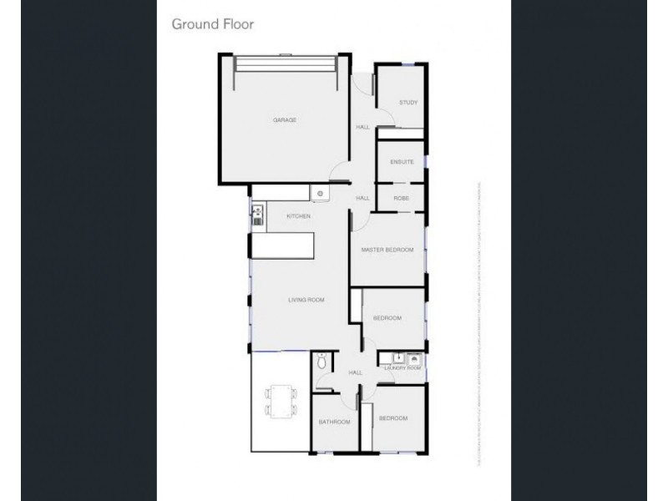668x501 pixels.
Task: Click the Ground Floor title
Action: (212, 24)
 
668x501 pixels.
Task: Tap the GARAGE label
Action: (285, 120)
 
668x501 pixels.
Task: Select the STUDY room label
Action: (407, 103)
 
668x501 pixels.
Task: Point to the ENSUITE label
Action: (402, 162)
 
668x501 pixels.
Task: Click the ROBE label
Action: (401, 198)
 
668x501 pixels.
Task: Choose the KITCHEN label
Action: (298, 216)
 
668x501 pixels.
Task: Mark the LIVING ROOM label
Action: (306, 300)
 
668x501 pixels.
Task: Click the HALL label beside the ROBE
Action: (362, 198)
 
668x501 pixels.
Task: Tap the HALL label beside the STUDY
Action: (362, 127)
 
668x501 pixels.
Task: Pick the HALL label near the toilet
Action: (355, 372)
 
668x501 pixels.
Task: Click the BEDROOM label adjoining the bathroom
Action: (392, 417)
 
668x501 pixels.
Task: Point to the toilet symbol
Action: (321, 362)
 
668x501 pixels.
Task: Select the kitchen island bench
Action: (284, 245)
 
